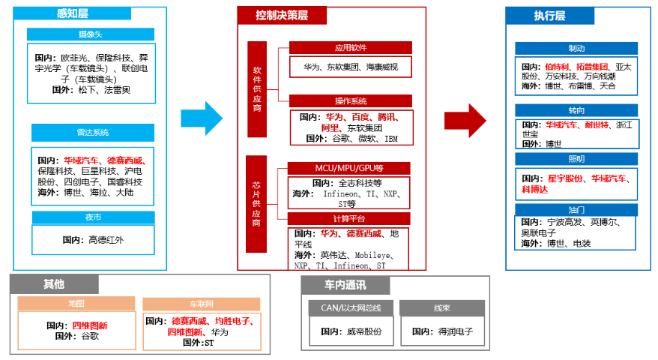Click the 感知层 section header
tap(72, 13)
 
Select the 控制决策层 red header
tap(282, 16)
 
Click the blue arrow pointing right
tap(202, 118)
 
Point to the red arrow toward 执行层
tap(465, 119)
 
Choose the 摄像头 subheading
tap(91, 34)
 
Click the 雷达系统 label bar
tap(92, 133)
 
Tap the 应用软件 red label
tap(350, 48)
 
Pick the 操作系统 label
tap(350, 101)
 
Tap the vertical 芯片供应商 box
tap(257, 202)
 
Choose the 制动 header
tap(576, 48)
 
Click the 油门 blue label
tap(576, 210)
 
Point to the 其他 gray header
tap(54, 284)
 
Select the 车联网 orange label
tap(202, 304)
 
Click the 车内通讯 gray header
tap(345, 285)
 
